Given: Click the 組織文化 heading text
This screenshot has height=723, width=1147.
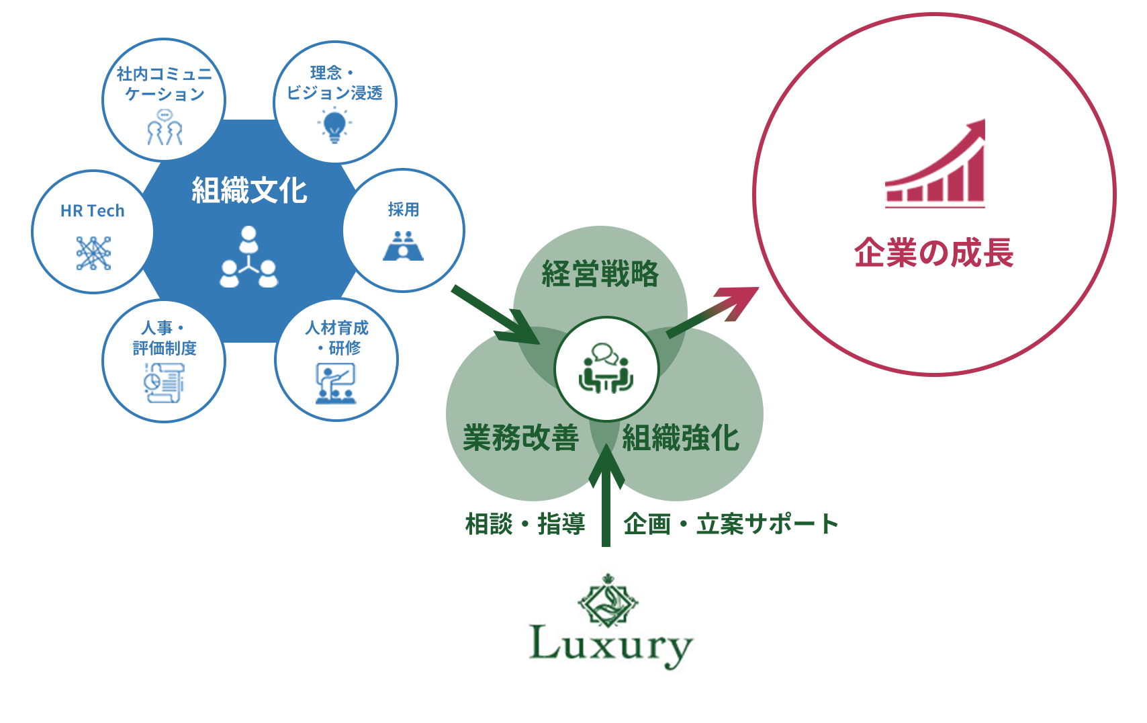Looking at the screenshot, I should point(249,191).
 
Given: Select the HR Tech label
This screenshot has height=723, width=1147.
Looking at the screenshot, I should point(93,211).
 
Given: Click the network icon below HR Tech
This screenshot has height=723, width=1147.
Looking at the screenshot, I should point(93,253).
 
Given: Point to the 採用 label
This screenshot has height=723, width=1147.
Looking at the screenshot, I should point(404,210).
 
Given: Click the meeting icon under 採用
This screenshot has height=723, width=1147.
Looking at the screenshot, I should point(403,246).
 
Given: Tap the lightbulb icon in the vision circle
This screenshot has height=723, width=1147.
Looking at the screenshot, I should point(334,126).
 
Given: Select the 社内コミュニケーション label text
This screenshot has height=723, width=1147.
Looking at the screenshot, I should point(165,84).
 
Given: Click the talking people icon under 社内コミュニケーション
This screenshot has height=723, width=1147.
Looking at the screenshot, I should point(165,128).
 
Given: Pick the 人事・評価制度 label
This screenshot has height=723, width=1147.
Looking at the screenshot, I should point(165,338).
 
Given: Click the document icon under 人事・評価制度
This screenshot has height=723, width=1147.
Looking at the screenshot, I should point(164,383).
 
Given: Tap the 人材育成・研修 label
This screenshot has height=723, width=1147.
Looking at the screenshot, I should point(337,337).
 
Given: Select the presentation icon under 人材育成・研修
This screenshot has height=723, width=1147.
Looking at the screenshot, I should point(336,384).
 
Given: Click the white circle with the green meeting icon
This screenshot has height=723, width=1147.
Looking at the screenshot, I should point(606,370).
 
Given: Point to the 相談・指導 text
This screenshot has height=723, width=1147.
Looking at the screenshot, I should point(525,524).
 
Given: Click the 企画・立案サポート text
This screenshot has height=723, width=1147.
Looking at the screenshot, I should point(731,524).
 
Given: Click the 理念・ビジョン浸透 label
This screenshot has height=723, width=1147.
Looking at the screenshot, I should point(334,83).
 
